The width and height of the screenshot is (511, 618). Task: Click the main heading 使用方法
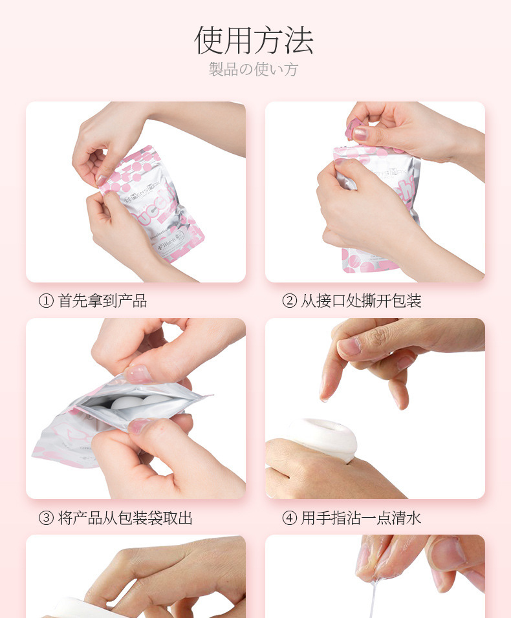(x=254, y=40)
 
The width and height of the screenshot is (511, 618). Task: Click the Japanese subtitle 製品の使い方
(x=254, y=69)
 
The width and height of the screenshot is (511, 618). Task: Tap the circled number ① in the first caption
(x=46, y=301)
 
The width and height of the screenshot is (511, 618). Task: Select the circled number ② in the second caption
(x=289, y=301)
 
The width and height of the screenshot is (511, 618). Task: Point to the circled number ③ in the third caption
(x=46, y=518)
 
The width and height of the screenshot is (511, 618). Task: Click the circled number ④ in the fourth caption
(x=289, y=518)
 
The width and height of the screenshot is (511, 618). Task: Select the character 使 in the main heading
(x=210, y=40)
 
